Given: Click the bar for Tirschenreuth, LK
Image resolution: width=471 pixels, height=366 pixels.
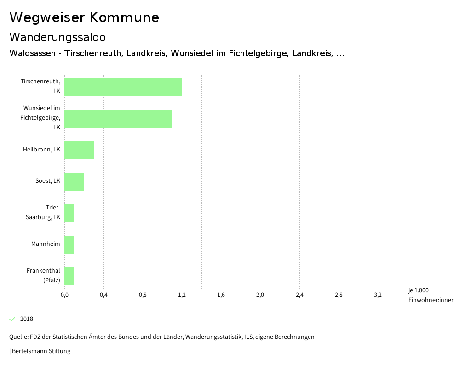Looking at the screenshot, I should [123, 87].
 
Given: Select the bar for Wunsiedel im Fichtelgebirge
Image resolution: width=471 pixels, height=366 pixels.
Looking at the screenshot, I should [118, 118].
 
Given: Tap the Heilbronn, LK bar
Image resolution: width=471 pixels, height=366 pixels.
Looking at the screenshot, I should [79, 150].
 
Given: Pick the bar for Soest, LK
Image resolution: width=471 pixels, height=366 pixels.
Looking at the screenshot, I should [74, 181].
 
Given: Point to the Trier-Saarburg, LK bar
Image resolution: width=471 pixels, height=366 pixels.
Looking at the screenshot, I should [69, 213].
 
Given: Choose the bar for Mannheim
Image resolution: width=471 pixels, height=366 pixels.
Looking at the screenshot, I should [69, 244].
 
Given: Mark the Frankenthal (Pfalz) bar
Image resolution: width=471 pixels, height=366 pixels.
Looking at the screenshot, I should [69, 276].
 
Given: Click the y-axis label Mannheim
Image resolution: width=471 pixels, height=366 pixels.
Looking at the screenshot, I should [46, 244].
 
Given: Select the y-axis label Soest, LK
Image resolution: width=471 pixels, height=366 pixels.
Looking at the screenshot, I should [48, 180].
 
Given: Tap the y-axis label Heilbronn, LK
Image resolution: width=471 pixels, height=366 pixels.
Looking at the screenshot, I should [41, 149].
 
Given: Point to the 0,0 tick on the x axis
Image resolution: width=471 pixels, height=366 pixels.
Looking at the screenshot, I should [64, 295].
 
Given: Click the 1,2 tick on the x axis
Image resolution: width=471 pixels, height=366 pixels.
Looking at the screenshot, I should [182, 295].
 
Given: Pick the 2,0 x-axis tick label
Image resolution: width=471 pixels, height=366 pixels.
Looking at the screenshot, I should [260, 295].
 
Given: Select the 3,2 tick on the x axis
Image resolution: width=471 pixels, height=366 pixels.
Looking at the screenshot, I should [378, 295].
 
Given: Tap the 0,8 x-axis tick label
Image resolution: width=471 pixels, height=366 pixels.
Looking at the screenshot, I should [143, 295].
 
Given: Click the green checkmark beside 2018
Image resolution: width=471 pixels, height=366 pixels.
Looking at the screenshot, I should [12, 319].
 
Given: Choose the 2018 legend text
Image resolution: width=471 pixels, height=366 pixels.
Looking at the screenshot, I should [27, 319].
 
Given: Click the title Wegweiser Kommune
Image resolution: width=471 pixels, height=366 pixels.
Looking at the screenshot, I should [84, 17].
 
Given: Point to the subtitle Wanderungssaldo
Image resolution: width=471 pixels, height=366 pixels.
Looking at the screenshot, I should [57, 37].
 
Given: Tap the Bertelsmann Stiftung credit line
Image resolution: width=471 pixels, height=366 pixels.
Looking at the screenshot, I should [40, 351].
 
